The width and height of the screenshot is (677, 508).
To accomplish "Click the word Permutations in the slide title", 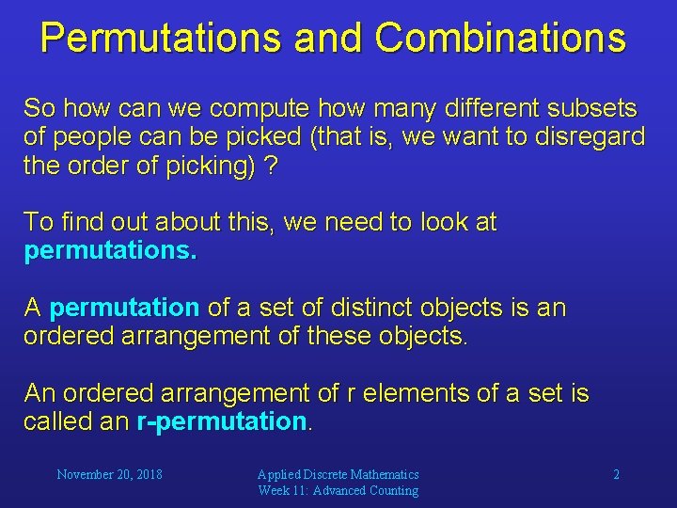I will (161, 38).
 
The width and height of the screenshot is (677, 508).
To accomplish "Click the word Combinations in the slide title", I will (500, 38).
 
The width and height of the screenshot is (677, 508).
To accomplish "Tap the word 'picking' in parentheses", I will (206, 166).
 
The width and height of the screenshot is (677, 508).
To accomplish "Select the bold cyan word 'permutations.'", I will (110, 252).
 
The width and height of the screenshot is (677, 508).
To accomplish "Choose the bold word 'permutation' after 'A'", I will (124, 309).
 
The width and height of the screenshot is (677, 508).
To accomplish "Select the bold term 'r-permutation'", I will (222, 421).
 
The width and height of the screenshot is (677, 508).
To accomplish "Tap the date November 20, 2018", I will (109, 475).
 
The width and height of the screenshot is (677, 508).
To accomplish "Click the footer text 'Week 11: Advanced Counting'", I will (338, 491).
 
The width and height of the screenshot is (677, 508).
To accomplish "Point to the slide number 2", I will (616, 475).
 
